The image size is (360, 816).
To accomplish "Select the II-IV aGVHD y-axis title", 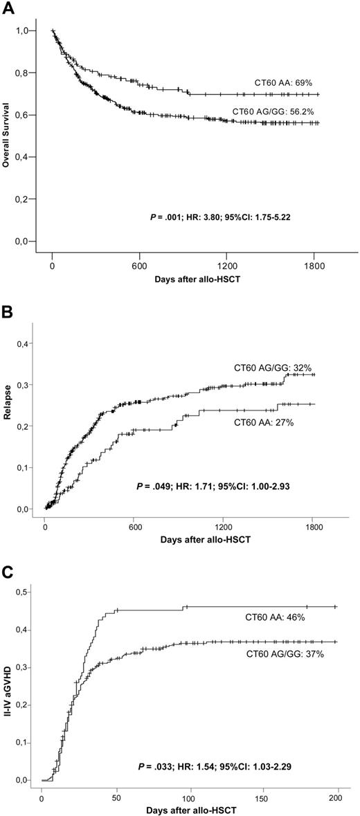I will coord(8,682).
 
